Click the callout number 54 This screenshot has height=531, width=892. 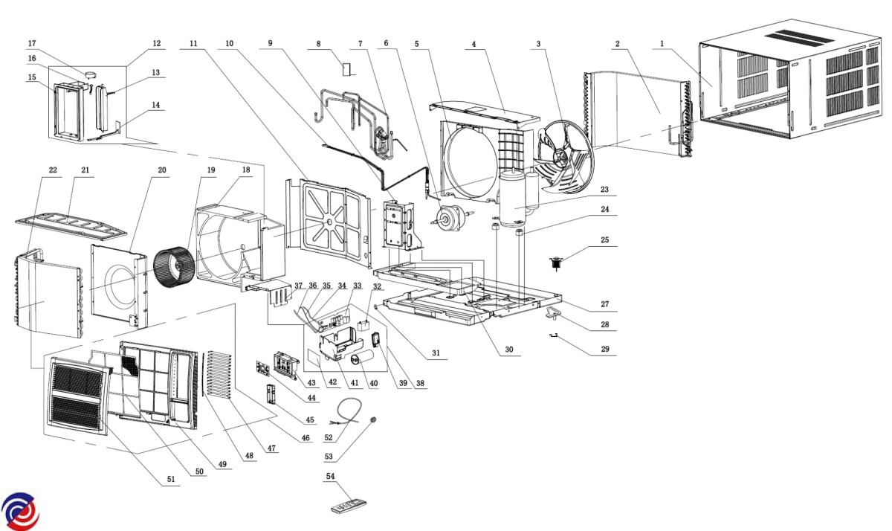point(331,475)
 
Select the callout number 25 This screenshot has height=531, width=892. point(604,241)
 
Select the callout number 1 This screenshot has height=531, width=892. point(661,44)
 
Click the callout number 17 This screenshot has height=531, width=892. point(32,43)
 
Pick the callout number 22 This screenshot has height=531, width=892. point(53,170)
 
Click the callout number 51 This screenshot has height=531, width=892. point(172,480)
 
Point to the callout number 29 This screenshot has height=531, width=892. point(604,349)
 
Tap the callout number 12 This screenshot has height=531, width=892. point(156,43)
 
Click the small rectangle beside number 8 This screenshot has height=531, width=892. point(346,69)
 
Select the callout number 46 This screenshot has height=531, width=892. point(305,439)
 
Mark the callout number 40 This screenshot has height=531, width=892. point(373,384)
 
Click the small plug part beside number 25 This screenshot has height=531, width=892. point(557,263)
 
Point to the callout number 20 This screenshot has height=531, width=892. point(162,170)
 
